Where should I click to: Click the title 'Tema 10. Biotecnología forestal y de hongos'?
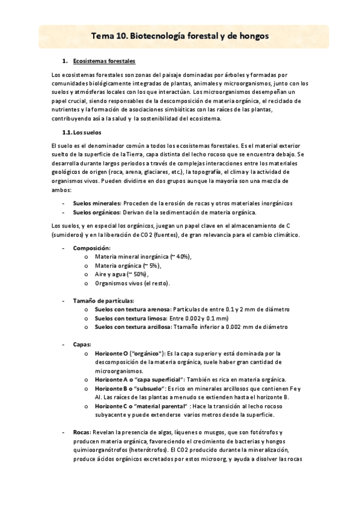(x=180, y=37)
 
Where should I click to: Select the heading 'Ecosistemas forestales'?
(x=104, y=61)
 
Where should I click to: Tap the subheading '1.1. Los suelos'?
(x=82, y=132)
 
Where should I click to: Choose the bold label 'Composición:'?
(x=91, y=248)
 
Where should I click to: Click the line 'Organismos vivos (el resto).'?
(x=132, y=283)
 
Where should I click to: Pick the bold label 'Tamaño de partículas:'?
(x=103, y=301)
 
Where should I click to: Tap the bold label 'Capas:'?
(x=82, y=345)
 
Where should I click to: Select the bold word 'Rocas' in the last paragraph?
(x=81, y=433)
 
